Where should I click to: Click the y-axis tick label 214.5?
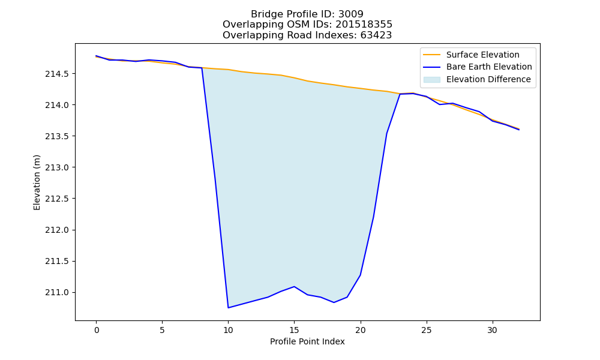pos(56,74)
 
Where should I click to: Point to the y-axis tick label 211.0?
pos(56,293)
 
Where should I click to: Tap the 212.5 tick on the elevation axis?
pos(56,199)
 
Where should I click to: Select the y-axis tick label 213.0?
pos(56,167)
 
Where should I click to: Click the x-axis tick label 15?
pos(294,330)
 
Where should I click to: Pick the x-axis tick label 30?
pos(493,330)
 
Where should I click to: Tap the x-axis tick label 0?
pos(97,330)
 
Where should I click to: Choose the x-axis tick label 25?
pos(426,330)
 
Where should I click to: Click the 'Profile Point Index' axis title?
pos(307,341)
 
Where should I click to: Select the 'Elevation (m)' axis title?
pos(37,182)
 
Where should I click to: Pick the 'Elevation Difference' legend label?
pos(488,79)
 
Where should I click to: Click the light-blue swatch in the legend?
pos(431,80)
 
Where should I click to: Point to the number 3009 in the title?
pos(351,14)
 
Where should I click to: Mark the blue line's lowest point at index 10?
pos(229,308)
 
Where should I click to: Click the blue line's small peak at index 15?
pos(294,287)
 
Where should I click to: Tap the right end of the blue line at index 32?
pos(519,130)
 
